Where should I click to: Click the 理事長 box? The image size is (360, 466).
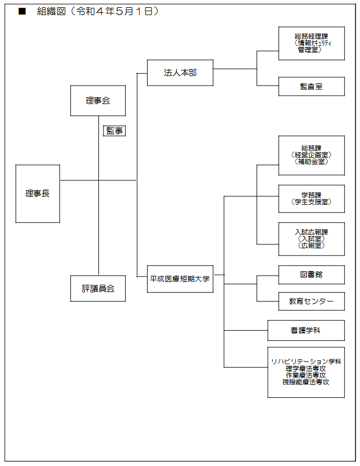point(37,194)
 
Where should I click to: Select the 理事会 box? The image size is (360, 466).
point(98,101)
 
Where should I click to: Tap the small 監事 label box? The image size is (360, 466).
point(115,131)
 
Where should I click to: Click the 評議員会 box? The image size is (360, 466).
point(98,288)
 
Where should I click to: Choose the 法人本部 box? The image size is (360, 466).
point(180,73)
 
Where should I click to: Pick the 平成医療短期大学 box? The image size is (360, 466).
point(180,279)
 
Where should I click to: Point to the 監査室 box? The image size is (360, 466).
point(311,87)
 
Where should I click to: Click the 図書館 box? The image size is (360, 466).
point(311,275)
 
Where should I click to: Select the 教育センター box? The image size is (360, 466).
point(311,302)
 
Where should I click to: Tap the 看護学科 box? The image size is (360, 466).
point(306,330)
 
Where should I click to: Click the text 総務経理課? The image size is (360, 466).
point(311,36)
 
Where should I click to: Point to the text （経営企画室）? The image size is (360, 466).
point(311,155)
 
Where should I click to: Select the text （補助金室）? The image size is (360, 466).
point(311,161)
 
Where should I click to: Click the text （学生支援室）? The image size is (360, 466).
point(311,202)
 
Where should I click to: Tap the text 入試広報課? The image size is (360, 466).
point(311,232)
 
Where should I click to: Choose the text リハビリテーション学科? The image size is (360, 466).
point(306,361)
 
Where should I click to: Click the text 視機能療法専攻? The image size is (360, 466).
point(306,382)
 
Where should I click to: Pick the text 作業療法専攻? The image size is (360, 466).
point(306,375)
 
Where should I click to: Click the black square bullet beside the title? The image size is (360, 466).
point(22,11)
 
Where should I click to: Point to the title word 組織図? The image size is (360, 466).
point(51,11)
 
